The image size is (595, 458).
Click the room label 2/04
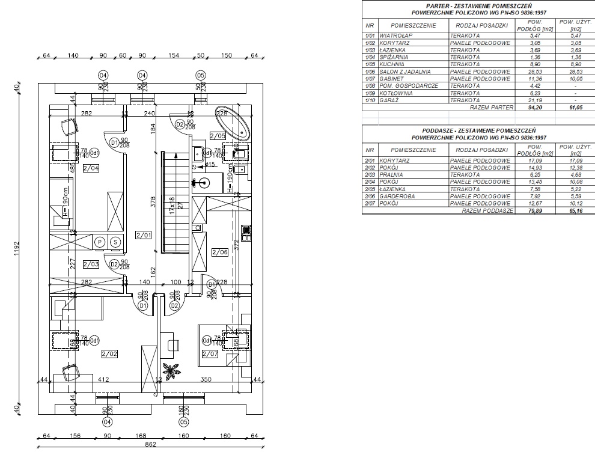[x=91, y=168]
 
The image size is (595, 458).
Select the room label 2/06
[x=219, y=252]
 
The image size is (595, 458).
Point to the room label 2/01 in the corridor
[x=142, y=234]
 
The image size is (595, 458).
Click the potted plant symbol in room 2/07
[x=172, y=371]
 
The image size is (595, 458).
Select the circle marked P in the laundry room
[x=100, y=242]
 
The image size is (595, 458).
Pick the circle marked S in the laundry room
[x=115, y=242]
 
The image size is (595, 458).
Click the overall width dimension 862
[x=150, y=445]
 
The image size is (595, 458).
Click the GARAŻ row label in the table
[x=391, y=100]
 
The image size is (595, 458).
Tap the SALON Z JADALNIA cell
[x=406, y=72]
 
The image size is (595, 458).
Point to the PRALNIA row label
[x=392, y=175]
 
